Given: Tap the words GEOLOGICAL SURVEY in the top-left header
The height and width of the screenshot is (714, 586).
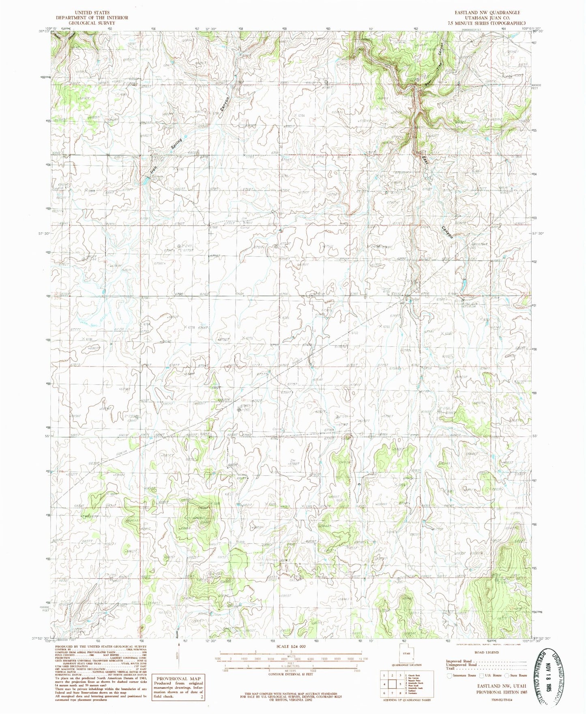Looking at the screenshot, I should point(92,23).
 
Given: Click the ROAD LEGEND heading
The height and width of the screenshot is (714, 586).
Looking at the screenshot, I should point(487,652).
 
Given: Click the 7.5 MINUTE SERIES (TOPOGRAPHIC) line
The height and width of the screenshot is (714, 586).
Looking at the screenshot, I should point(487,23).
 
